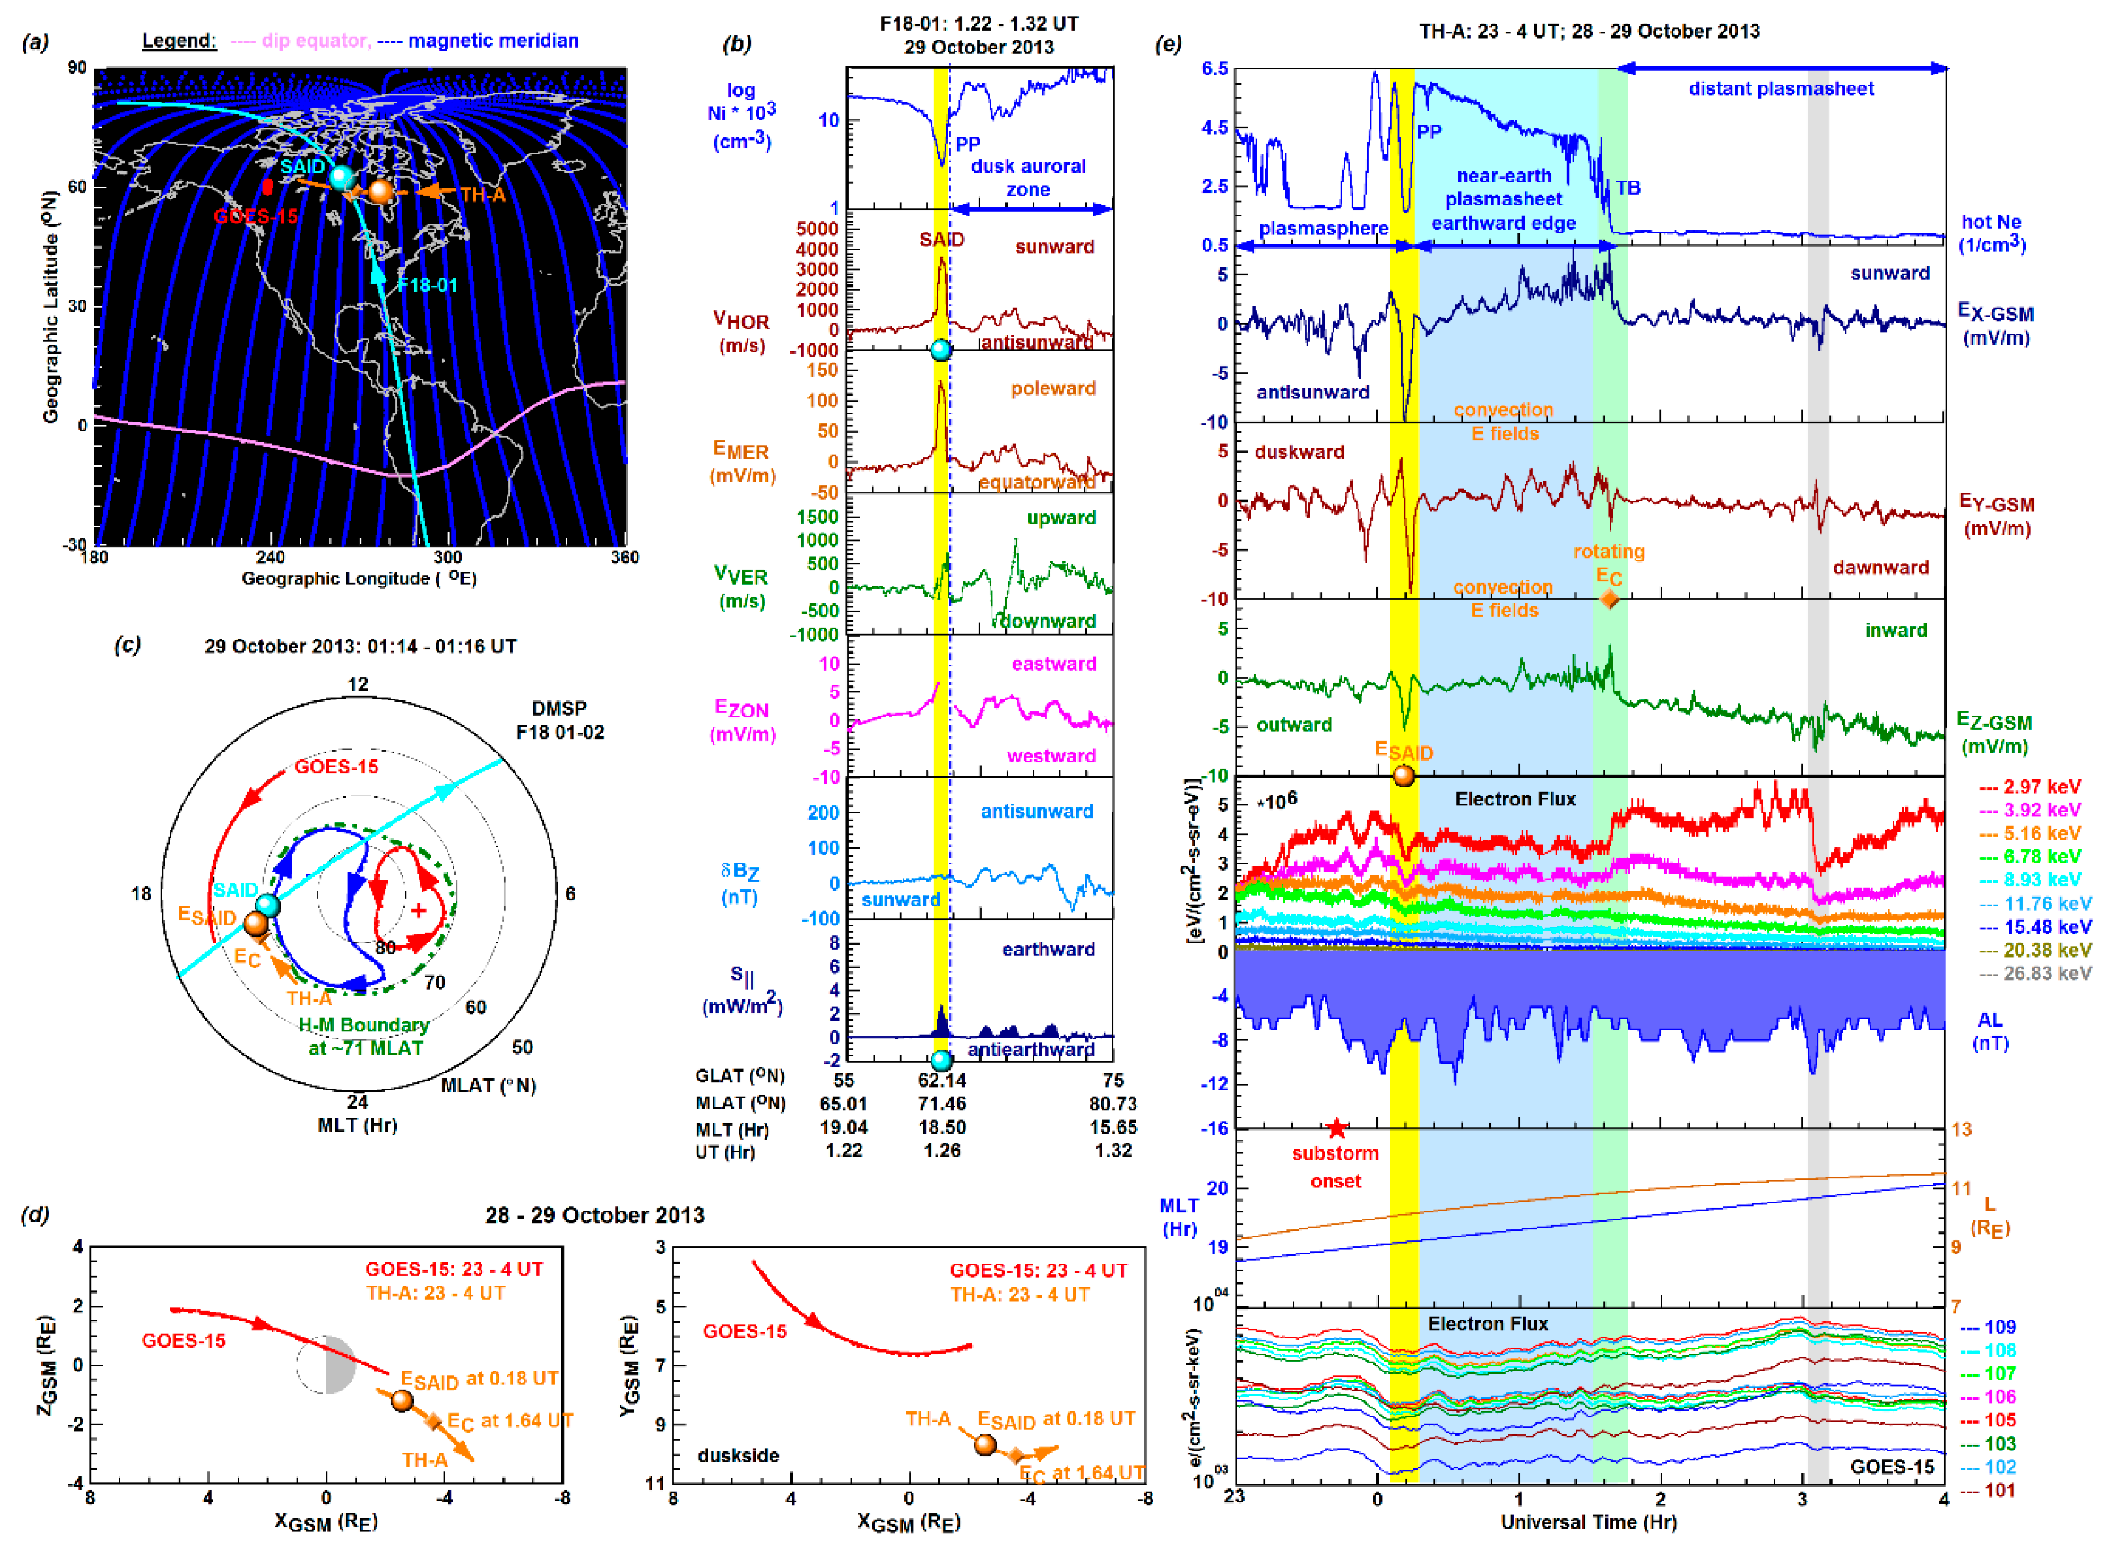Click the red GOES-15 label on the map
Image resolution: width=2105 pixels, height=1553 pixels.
(x=255, y=216)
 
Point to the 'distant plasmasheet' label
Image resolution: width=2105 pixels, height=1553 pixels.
(x=1781, y=89)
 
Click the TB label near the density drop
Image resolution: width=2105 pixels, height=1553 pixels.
(x=1628, y=188)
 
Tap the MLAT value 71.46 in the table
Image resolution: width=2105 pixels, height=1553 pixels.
(x=942, y=1103)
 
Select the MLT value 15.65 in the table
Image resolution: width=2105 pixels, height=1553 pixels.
(x=1113, y=1127)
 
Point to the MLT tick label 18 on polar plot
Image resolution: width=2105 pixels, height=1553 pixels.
(x=141, y=893)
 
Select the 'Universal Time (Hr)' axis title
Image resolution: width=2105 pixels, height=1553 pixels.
(x=1588, y=1522)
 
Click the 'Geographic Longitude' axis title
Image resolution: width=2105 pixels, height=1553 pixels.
(x=359, y=578)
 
